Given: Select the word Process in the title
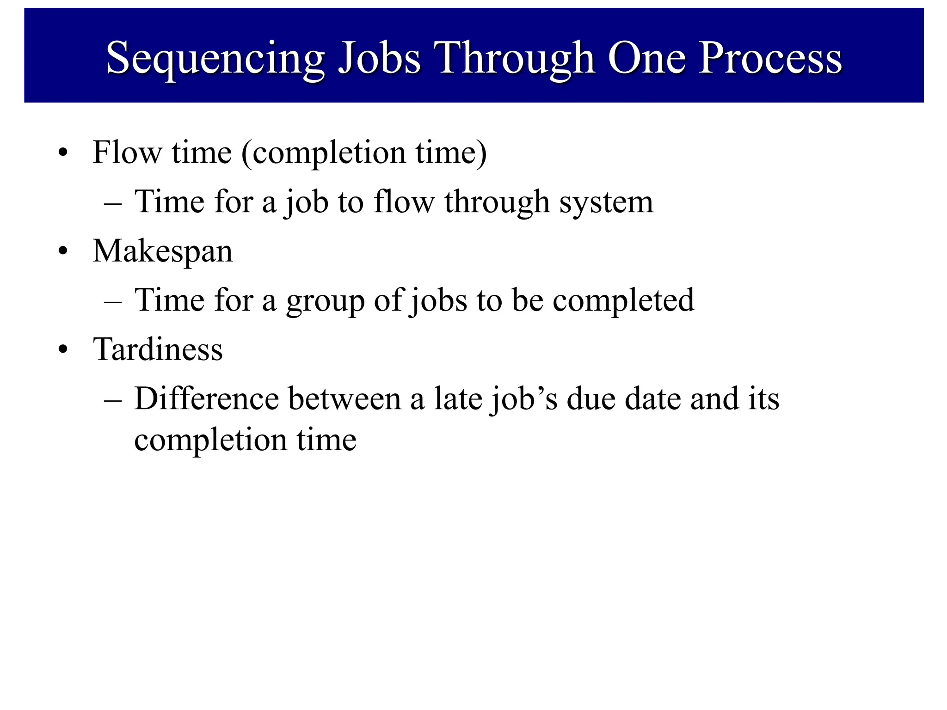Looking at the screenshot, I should point(770,58).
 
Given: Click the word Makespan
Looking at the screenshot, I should point(163,252).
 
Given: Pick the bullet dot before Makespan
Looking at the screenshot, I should point(63,252).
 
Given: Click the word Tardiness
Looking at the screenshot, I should point(158,349).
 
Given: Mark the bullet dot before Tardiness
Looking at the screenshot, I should point(63,350).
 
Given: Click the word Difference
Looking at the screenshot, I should point(207,399).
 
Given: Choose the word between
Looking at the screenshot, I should point(344,399).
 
